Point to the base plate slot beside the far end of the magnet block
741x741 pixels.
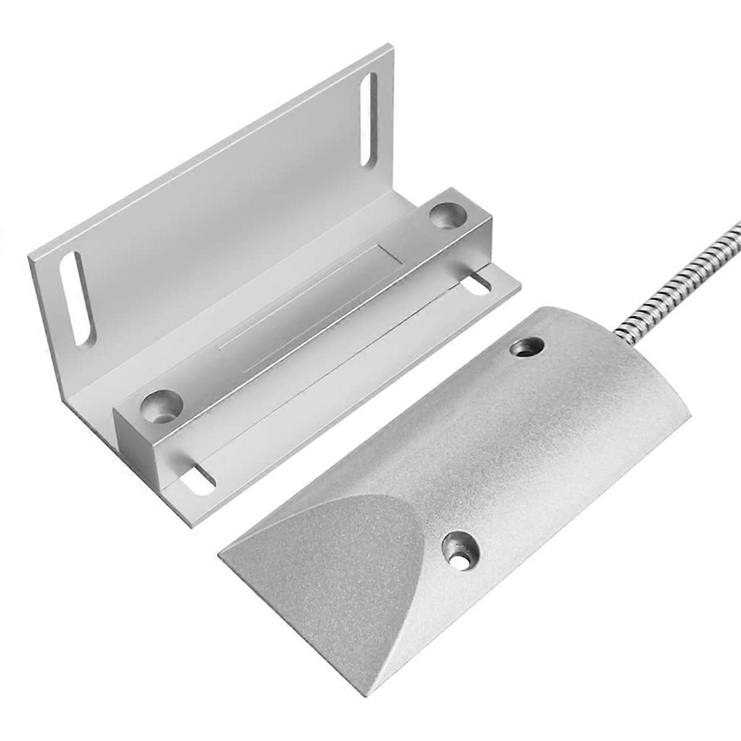477,283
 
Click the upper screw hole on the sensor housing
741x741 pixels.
526,347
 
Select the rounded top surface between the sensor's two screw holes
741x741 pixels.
494,445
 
